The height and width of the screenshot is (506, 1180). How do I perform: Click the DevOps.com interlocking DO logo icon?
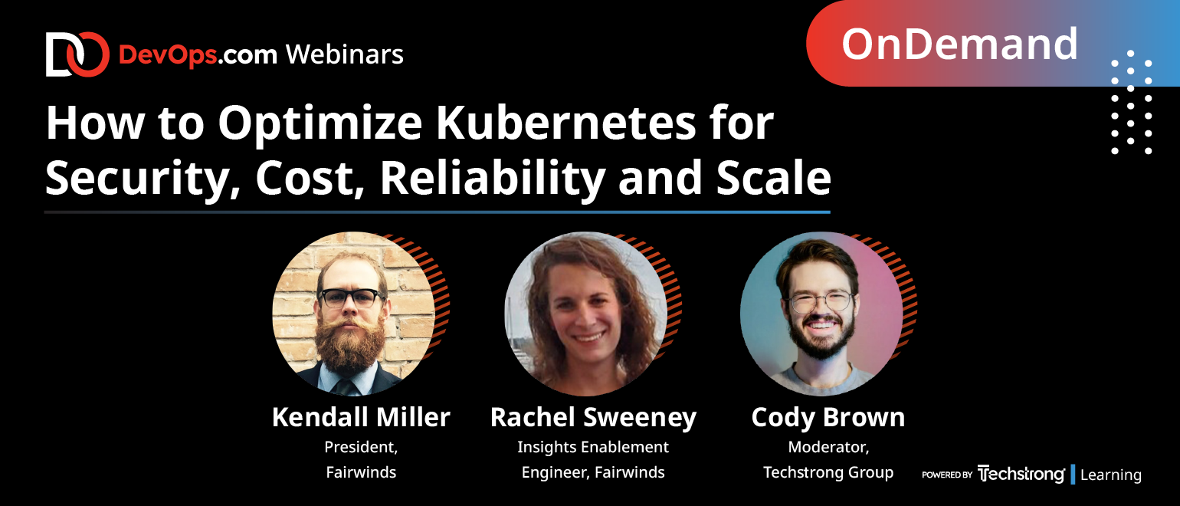coord(77,54)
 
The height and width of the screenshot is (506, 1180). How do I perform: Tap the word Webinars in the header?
coord(345,54)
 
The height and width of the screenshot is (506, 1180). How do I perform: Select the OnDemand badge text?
coord(959,44)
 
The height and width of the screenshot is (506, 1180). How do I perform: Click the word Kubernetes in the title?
coord(565,123)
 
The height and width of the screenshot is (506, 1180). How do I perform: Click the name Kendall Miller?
coord(361,417)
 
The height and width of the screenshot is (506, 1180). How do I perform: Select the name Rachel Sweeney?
coord(593,417)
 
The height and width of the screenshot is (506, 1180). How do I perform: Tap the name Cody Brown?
coord(828,417)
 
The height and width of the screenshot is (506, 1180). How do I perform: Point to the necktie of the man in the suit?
coord(346,387)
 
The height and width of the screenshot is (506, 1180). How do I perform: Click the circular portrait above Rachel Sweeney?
coord(585,314)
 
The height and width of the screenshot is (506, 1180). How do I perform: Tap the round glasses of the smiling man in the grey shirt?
coord(820,302)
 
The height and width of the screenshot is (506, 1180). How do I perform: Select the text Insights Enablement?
coord(593,447)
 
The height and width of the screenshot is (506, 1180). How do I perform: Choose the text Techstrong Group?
coord(828,472)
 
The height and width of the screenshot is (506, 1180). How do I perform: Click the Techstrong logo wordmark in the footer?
coord(1021,474)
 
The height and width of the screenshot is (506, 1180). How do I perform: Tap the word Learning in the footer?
coord(1111,475)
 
